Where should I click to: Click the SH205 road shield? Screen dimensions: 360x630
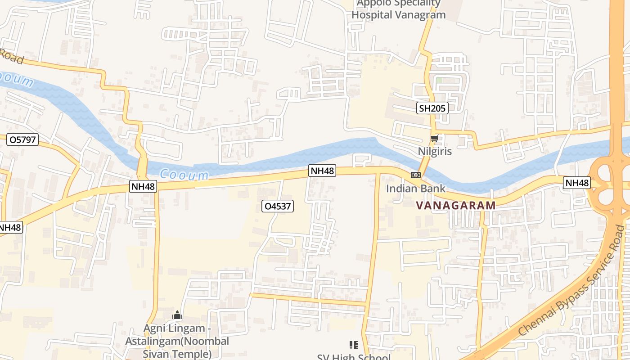(x=432, y=108)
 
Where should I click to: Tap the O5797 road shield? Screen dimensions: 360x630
(x=22, y=140)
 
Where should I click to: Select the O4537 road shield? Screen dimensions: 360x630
(x=278, y=207)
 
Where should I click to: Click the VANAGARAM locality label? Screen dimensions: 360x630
(x=455, y=206)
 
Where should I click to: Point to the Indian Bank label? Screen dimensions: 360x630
(x=415, y=189)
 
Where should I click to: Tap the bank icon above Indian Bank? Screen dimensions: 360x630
(x=415, y=175)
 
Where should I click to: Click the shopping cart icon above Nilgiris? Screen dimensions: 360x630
(x=434, y=139)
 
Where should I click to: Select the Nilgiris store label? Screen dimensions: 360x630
(x=435, y=151)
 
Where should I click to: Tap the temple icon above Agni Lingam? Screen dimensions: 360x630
(x=177, y=315)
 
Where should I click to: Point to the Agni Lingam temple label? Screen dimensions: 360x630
(x=177, y=341)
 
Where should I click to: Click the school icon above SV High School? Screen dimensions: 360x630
(x=354, y=345)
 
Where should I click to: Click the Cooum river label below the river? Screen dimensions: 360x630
(x=184, y=175)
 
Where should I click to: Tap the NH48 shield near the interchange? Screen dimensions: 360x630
(x=576, y=183)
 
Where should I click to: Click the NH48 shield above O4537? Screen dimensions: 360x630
(x=322, y=171)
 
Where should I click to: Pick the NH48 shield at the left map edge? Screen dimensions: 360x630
(x=10, y=228)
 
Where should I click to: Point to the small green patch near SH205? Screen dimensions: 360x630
(x=439, y=81)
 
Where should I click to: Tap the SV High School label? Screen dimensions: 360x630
(x=354, y=357)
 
